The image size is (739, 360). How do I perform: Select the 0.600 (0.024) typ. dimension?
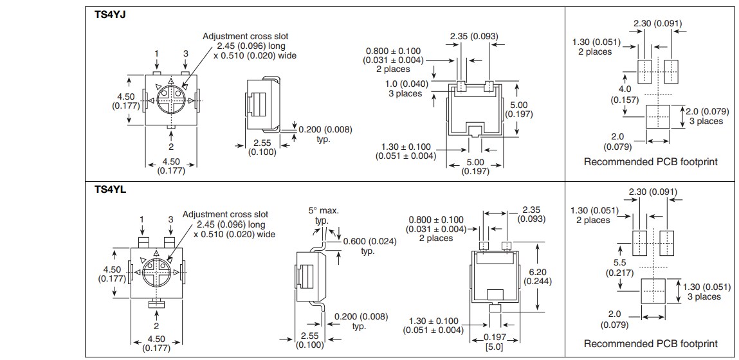click(370, 246)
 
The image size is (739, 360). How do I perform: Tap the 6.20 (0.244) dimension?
click(537, 276)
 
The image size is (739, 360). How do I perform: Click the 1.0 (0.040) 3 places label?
click(403, 89)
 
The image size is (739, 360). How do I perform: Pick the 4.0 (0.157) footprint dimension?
click(625, 94)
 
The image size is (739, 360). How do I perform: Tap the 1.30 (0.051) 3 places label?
click(702, 291)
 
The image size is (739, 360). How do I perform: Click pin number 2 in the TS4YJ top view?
click(171, 147)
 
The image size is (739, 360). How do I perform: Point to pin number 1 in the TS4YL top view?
click(142, 219)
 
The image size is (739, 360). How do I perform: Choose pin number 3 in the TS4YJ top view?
click(186, 54)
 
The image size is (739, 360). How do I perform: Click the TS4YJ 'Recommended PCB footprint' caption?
click(650, 162)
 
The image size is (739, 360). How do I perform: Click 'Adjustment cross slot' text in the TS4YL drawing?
click(225, 214)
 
